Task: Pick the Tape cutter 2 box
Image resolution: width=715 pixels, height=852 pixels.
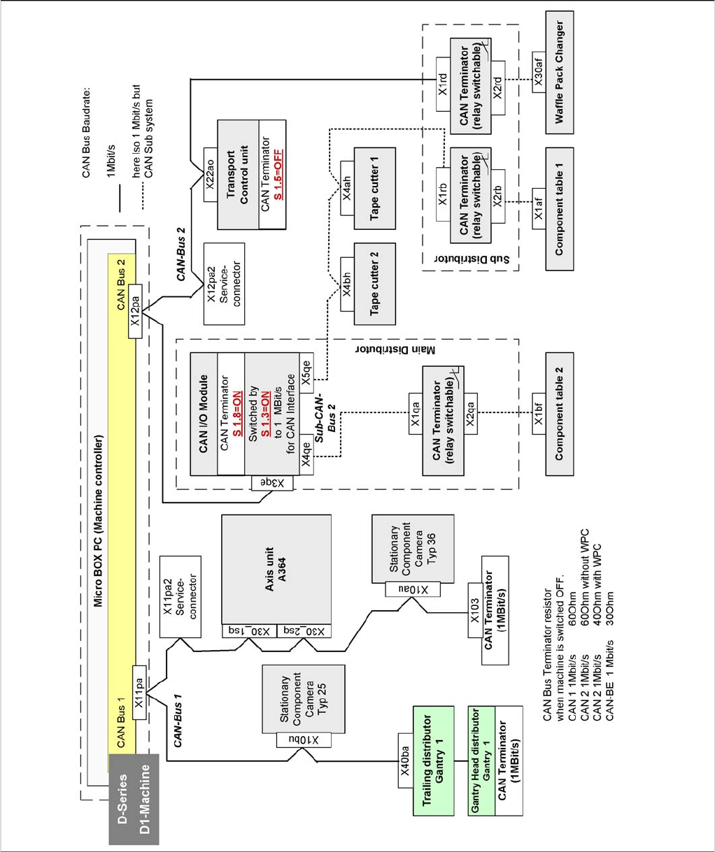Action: tap(374, 284)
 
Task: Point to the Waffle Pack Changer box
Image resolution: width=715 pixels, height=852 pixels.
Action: tap(559, 72)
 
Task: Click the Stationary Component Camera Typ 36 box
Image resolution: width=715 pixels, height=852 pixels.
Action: tap(413, 549)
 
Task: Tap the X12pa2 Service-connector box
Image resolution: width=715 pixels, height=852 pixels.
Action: tap(224, 283)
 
